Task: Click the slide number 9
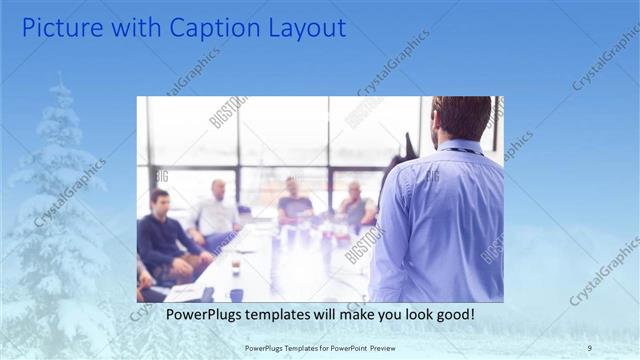[x=589, y=347]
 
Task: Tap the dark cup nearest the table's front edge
[x=236, y=294]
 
